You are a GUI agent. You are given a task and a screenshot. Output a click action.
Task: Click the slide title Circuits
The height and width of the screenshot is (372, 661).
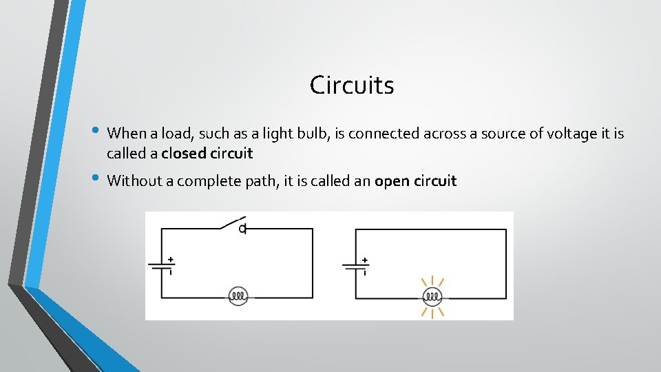(352, 85)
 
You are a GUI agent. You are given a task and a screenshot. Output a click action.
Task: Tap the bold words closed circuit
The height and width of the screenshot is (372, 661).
(207, 153)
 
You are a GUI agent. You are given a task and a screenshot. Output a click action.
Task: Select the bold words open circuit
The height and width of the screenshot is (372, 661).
(415, 181)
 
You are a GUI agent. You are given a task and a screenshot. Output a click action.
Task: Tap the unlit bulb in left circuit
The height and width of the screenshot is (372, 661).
(238, 297)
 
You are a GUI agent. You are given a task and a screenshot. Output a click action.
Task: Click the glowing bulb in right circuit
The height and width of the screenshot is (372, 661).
(432, 297)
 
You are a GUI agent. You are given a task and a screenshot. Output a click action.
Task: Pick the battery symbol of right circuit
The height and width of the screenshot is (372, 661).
(355, 266)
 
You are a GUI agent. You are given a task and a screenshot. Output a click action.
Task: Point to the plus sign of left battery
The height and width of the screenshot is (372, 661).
(170, 260)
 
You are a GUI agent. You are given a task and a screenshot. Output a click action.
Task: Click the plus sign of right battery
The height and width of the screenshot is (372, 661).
(364, 260)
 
